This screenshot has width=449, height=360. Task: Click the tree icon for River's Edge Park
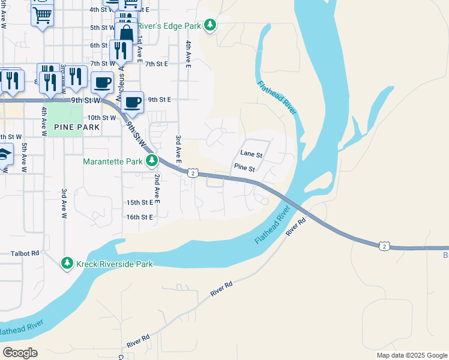tap(209, 25)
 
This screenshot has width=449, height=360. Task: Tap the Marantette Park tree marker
tap(152, 161)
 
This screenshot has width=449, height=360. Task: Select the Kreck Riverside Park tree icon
tap(67, 263)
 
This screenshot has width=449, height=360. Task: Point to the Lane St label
tap(252, 155)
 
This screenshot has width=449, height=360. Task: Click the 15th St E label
tap(140, 203)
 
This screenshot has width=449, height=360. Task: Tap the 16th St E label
tap(140, 217)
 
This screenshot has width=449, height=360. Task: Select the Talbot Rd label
tap(25, 254)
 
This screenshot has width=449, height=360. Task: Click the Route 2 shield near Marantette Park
tap(192, 173)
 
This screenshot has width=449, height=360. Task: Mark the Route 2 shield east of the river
tap(384, 246)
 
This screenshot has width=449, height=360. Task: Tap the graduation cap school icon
tap(3, 155)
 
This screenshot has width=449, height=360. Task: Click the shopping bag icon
tap(125, 31)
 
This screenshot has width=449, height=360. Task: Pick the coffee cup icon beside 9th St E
tap(133, 102)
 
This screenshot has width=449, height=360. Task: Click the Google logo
tap(20, 352)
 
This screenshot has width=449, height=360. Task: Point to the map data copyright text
tap(411, 355)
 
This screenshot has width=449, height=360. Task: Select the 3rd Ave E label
tap(178, 148)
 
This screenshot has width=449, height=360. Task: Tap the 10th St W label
tap(101, 118)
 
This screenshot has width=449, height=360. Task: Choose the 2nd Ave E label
tap(155, 188)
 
